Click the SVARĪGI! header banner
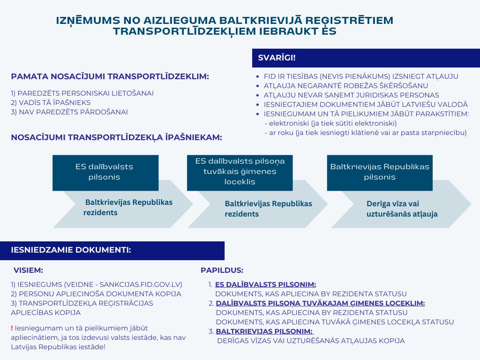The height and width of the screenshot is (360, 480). point(366,58)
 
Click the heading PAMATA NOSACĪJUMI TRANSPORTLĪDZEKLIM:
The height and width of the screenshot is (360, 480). point(110,76)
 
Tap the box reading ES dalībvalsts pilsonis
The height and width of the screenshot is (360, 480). point(105,172)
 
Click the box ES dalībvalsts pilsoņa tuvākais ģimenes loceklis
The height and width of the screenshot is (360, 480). point(240,172)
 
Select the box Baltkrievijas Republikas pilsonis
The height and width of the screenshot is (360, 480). point(380,172)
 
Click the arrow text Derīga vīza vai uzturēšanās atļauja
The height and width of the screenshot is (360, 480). point(402,209)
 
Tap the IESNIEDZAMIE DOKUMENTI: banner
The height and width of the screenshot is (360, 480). point(112,250)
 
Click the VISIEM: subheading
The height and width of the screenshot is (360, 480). point(28,270)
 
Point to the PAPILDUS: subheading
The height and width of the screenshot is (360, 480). point(222,270)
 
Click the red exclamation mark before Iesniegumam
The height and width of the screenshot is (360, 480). point(12,328)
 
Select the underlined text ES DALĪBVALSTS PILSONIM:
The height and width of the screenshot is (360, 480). point(265,285)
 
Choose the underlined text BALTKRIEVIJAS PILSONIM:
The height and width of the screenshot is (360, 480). point(265,331)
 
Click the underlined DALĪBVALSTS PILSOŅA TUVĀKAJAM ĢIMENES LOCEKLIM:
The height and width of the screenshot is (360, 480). point(320,304)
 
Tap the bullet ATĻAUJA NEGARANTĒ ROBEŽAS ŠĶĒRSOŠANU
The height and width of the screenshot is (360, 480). point(345,86)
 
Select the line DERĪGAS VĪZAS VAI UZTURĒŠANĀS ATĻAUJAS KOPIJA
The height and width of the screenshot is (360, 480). point(311,341)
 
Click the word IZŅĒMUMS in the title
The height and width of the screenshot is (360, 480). point(88,21)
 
